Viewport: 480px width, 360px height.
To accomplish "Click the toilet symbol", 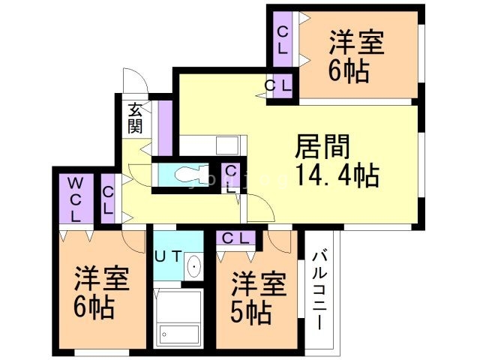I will tap(185, 175).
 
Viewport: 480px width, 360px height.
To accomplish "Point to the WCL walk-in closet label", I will tap(76, 199).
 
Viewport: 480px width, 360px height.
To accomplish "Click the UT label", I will tap(167, 256).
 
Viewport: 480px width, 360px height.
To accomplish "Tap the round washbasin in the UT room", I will tap(193, 266).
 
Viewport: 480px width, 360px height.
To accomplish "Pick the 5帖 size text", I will tap(251, 311).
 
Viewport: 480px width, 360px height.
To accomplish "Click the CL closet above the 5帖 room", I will tap(235, 239).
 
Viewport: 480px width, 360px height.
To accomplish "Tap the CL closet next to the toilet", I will tap(232, 178).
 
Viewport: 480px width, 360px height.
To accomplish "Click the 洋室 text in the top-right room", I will tap(356, 43).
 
